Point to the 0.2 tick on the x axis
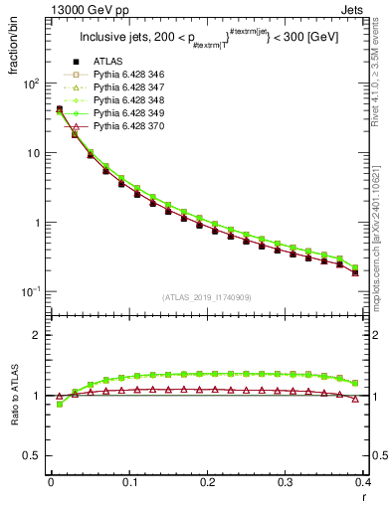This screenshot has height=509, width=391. point(207,482)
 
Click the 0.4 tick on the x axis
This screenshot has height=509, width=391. point(364,482)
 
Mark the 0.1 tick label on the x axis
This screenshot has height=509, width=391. point(128,482)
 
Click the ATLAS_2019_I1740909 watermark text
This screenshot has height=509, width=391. point(208,297)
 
